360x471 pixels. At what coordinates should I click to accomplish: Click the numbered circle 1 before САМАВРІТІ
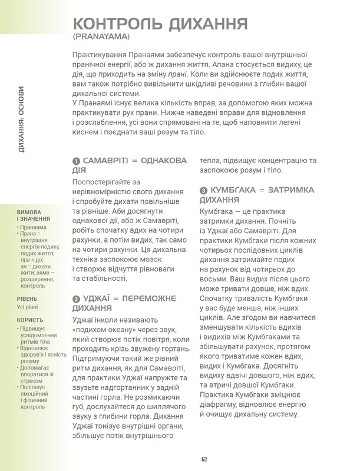coord(76,161)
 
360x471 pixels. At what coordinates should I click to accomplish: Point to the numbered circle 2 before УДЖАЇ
coord(76,298)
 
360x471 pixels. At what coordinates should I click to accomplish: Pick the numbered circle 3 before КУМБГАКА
coord(204,191)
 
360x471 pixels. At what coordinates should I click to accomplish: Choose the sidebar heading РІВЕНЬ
coord(27,299)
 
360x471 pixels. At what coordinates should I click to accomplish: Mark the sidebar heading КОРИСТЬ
coord(29,320)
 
